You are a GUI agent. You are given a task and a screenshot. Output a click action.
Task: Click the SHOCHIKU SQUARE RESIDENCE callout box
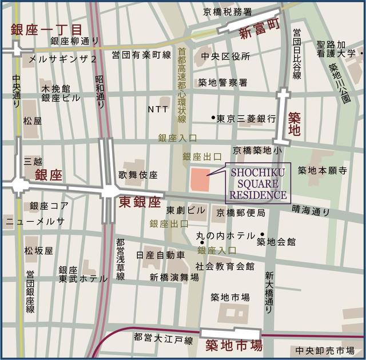258,183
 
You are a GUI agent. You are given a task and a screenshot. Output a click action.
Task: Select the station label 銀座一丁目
46,30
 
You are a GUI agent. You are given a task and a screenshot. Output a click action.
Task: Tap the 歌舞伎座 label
138,174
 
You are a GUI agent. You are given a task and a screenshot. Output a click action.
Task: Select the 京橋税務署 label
227,11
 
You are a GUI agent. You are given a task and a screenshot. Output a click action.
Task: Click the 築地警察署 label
222,82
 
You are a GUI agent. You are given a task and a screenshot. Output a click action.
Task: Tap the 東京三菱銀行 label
246,118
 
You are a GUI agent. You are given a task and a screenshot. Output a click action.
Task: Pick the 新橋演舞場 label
174,277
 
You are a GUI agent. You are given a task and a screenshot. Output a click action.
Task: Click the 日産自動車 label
160,254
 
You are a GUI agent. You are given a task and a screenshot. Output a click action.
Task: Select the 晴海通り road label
311,211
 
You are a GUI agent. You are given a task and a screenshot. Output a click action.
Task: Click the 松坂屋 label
38,250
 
